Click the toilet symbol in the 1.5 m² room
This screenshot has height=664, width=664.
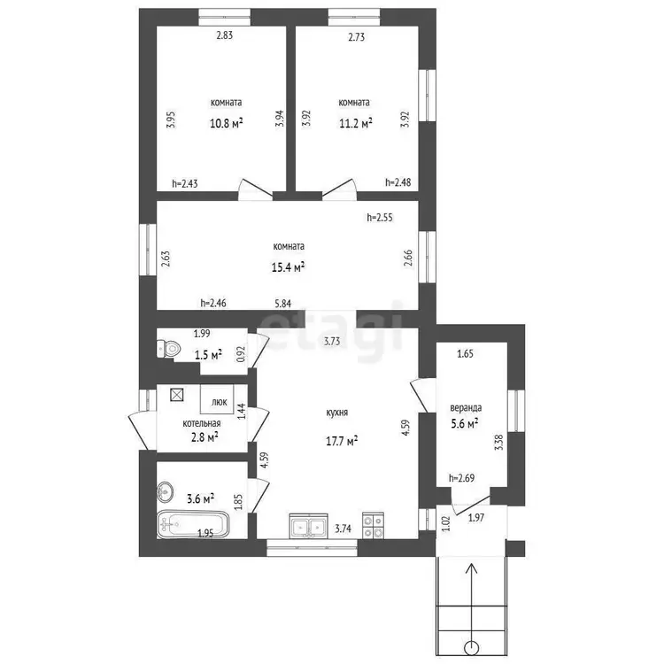coord(168,349)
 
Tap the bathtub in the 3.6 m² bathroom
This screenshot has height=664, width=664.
coord(193,523)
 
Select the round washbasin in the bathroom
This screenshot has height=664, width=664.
coord(166,491)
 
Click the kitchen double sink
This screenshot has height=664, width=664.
coord(309,526)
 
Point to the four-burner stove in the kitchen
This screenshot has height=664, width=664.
coord(373,526)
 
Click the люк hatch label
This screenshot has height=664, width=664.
coord(219,402)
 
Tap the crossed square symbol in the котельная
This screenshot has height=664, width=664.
coord(176,395)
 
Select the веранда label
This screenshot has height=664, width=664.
coord(466,408)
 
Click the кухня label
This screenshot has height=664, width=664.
coord(337,413)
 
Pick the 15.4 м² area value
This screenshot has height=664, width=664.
coord(288,267)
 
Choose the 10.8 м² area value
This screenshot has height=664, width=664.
coord(226,123)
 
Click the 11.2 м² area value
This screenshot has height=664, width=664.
coord(356,123)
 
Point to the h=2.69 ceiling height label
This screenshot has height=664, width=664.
coord(461,478)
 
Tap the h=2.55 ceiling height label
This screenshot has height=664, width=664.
coord(380,217)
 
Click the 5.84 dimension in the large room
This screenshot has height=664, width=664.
coord(283,304)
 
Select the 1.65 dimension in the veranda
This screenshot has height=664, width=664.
coord(466,353)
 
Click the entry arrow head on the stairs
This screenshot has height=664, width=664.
coord(471,568)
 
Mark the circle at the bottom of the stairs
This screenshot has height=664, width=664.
coord(471,647)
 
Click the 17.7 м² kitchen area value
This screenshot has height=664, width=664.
coord(342,441)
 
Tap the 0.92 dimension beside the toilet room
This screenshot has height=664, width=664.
coord(241,354)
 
